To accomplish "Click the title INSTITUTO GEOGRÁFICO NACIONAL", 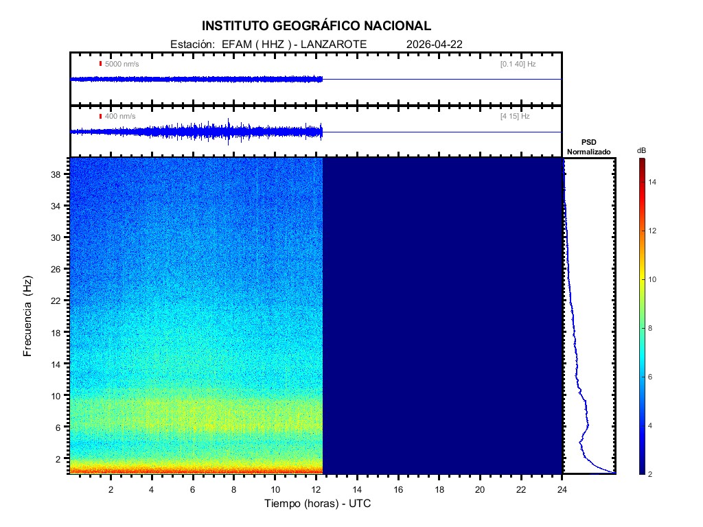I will [316, 26].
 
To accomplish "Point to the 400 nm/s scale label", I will [120, 117].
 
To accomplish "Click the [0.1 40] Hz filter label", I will [518, 64].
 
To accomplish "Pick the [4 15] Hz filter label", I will [515, 117].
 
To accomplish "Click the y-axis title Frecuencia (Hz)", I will [28, 316].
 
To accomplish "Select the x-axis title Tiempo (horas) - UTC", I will [318, 504].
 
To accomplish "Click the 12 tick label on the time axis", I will [316, 489].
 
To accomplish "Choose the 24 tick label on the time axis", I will [562, 489].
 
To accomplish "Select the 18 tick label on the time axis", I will [439, 489].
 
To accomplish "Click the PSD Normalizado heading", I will [589, 146].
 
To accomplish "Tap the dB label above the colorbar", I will [641, 150].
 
